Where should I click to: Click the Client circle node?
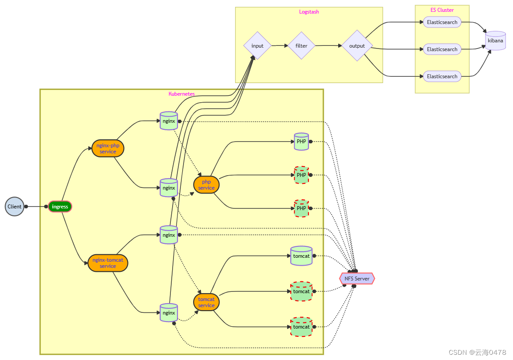pyautogui.click(x=14, y=207)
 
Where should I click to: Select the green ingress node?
pyautogui.click(x=60, y=207)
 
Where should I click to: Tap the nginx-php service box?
pyautogui.click(x=108, y=149)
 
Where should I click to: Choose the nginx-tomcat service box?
pyautogui.click(x=108, y=263)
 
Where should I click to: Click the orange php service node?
pyautogui.click(x=206, y=185)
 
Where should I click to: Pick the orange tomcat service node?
pyautogui.click(x=206, y=302)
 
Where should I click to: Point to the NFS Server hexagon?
pyautogui.click(x=357, y=278)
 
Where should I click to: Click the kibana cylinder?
pyautogui.click(x=496, y=41)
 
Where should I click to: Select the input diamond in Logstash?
pyautogui.click(x=257, y=46)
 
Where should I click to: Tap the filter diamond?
pyautogui.click(x=301, y=46)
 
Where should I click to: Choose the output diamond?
pyautogui.click(x=357, y=46)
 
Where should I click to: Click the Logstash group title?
pyautogui.click(x=309, y=12)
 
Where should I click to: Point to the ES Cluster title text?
pyautogui.click(x=442, y=10)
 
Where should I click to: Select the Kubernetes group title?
pyautogui.click(x=182, y=94)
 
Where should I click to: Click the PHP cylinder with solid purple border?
pyautogui.click(x=301, y=142)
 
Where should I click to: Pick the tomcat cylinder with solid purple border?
pyautogui.click(x=301, y=256)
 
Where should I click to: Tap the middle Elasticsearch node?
pyautogui.click(x=442, y=49)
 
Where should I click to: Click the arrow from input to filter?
pyautogui.click(x=280, y=45)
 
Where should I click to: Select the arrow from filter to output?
pyautogui.click(x=328, y=45)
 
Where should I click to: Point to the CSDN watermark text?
pyautogui.click(x=478, y=352)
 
